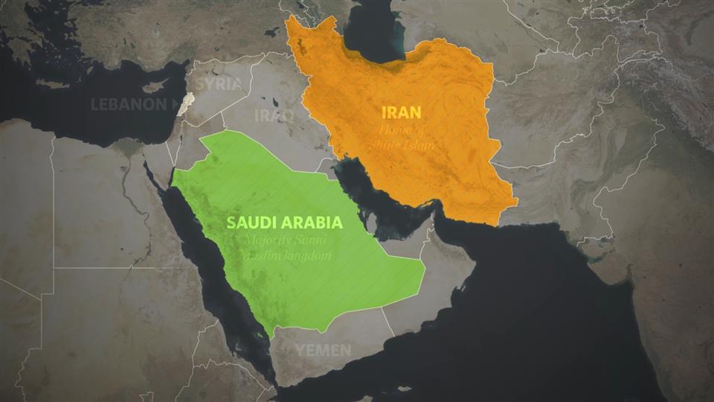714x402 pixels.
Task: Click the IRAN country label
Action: (x=401, y=113)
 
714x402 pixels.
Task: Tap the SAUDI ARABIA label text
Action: (x=284, y=223)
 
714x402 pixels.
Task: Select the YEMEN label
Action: (x=324, y=350)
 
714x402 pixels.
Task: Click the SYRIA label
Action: (x=221, y=83)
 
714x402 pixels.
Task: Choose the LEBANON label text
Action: (x=129, y=104)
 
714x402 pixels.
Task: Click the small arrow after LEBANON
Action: (x=176, y=104)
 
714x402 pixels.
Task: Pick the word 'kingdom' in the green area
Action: (x=305, y=256)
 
